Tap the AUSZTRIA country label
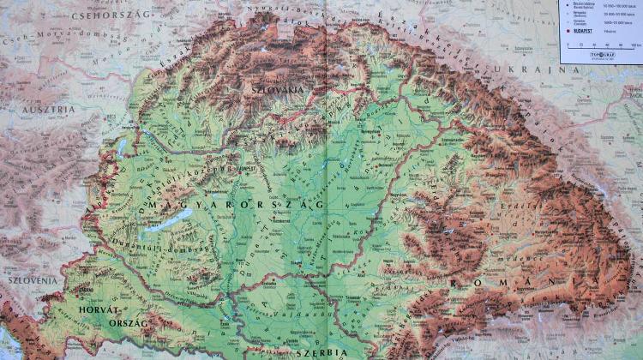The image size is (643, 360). pyautogui.click(x=45, y=110)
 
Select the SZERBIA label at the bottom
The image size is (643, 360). pyautogui.click(x=317, y=352)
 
